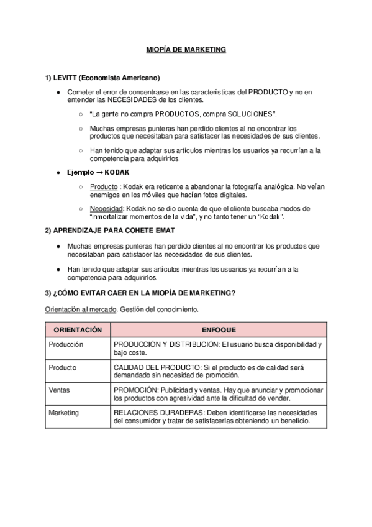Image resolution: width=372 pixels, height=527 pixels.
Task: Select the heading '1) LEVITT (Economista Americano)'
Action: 102,78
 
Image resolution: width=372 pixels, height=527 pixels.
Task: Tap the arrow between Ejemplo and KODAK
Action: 99,172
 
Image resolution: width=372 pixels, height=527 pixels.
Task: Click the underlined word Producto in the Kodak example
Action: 104,186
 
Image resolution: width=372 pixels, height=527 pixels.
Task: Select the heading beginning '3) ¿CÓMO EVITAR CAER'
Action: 140,293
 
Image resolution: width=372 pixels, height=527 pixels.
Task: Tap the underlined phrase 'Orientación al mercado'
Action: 80,309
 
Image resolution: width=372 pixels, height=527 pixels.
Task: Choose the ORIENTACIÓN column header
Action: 78,330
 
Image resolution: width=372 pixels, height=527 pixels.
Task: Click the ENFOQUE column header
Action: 219,330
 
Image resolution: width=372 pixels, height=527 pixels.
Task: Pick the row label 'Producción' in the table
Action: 66,344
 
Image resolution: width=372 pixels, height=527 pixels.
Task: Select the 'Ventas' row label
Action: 60,390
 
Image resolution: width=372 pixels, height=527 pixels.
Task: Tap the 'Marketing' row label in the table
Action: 64,413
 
